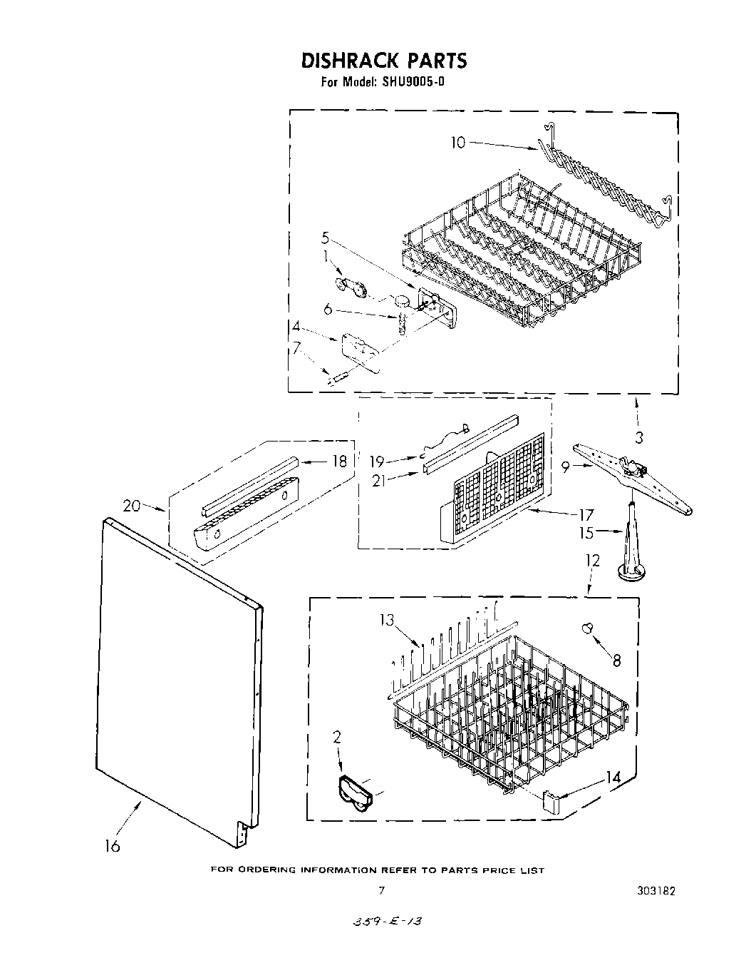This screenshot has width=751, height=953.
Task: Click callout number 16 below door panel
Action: [x=112, y=846]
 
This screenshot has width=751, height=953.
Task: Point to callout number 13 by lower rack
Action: [x=387, y=620]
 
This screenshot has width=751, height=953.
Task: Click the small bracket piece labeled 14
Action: [x=551, y=798]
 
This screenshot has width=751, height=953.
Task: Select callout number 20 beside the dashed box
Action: [x=131, y=506]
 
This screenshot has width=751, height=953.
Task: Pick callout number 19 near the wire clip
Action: [x=377, y=462]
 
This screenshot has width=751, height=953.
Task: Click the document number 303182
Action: [x=656, y=891]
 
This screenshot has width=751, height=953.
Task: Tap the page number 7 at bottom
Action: [x=382, y=890]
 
